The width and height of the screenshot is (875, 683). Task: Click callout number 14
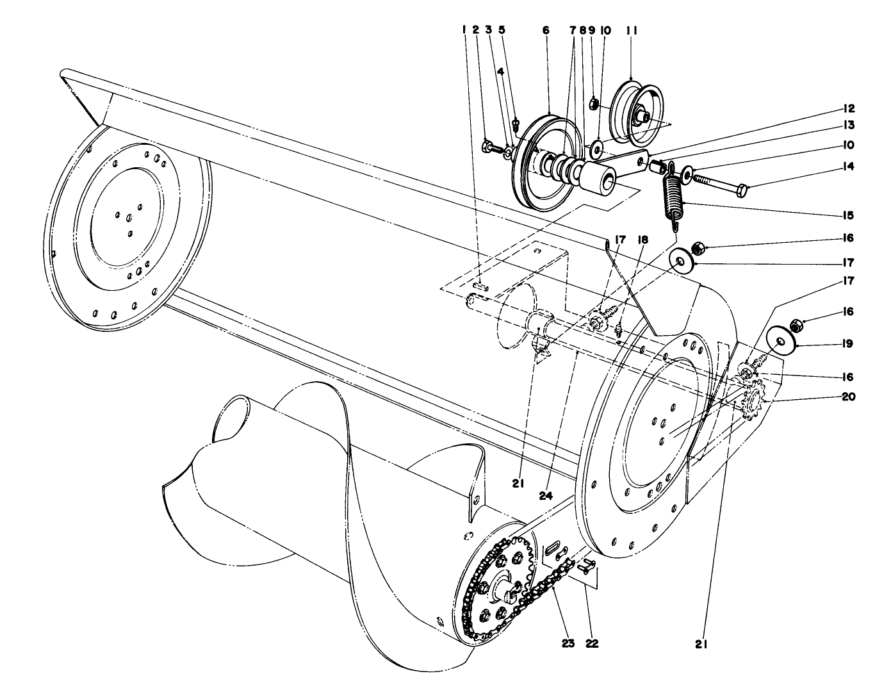(x=848, y=166)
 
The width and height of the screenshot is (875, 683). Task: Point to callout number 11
(x=633, y=30)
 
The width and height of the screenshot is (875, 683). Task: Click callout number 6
(x=546, y=30)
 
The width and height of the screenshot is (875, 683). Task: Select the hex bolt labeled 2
(x=489, y=147)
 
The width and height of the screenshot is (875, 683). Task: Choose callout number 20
(x=848, y=397)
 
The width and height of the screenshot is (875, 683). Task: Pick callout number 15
(x=848, y=215)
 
